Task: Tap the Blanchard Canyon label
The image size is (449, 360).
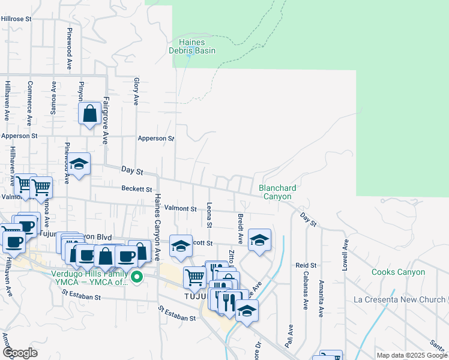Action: [x=276, y=192]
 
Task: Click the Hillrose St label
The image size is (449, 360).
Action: [x=16, y=19]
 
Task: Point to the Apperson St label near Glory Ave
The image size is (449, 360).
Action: [x=155, y=139]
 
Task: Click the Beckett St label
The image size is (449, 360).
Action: [x=137, y=189]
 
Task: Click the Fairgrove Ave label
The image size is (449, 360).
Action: [x=105, y=120]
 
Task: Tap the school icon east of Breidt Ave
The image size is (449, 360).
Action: [x=259, y=240]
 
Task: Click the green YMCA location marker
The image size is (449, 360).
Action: [x=137, y=277]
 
